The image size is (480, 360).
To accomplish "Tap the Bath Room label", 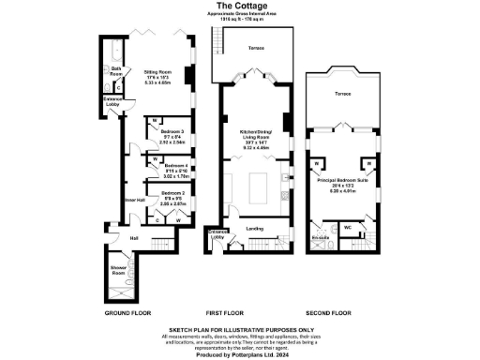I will (x=116, y=70).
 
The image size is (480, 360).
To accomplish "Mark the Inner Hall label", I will (x=135, y=200).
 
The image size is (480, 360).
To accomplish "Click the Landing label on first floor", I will (x=253, y=227).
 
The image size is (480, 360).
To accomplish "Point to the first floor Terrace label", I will (x=256, y=46).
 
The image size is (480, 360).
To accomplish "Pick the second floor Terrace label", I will (x=344, y=95).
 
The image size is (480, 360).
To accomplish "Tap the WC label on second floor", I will (x=348, y=227).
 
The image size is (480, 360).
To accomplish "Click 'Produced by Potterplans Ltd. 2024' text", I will (x=240, y=355).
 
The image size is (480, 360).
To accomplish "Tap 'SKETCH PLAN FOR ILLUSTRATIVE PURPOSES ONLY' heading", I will (x=240, y=329).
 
